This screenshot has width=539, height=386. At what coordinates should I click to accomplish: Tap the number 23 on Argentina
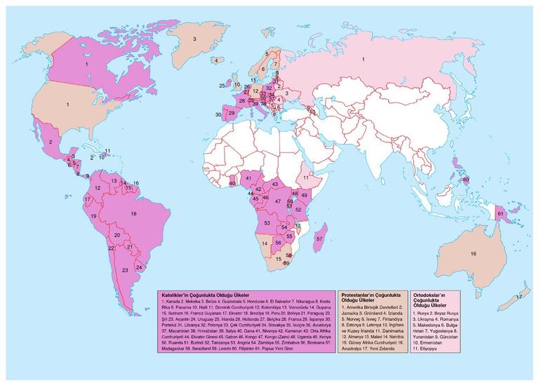[x=125, y=270]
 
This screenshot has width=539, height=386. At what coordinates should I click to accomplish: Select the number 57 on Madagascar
[x=320, y=239]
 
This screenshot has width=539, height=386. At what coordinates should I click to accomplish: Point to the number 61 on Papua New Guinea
[x=500, y=213]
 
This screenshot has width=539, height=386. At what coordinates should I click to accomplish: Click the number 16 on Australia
[x=474, y=253]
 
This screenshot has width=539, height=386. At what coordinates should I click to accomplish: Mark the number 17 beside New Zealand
[x=519, y=298]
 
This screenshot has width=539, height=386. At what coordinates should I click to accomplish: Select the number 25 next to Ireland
[x=222, y=86]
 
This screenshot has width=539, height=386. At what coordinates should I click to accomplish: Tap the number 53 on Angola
[x=267, y=223]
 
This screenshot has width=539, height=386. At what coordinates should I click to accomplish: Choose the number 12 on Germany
[x=255, y=91]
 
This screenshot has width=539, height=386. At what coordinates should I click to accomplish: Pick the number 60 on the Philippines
[x=465, y=180]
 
